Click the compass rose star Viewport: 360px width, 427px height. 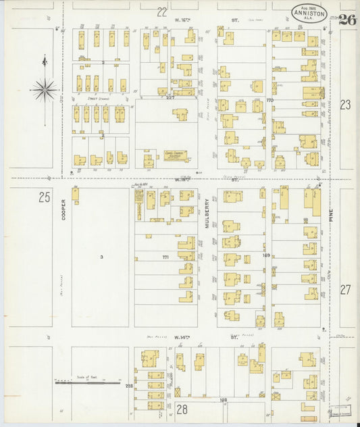(x=45, y=88)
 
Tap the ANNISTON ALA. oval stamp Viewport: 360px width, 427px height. (x=309, y=14)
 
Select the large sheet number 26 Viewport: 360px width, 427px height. (x=347, y=20)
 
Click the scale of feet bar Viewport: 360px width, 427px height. (x=84, y=383)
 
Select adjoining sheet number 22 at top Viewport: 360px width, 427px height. (x=161, y=11)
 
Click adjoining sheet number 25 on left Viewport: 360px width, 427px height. (x=45, y=197)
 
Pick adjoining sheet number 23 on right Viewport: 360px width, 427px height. (x=345, y=105)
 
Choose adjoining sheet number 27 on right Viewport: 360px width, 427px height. (x=345, y=289)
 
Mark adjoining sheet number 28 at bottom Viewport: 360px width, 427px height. (x=182, y=409)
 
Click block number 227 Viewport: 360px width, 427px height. (x=170, y=98)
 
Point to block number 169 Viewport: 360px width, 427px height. (x=265, y=255)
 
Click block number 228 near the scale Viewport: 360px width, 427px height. (x=128, y=386)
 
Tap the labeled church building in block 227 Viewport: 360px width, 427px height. (x=176, y=155)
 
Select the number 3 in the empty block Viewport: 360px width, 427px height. (x=101, y=257)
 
